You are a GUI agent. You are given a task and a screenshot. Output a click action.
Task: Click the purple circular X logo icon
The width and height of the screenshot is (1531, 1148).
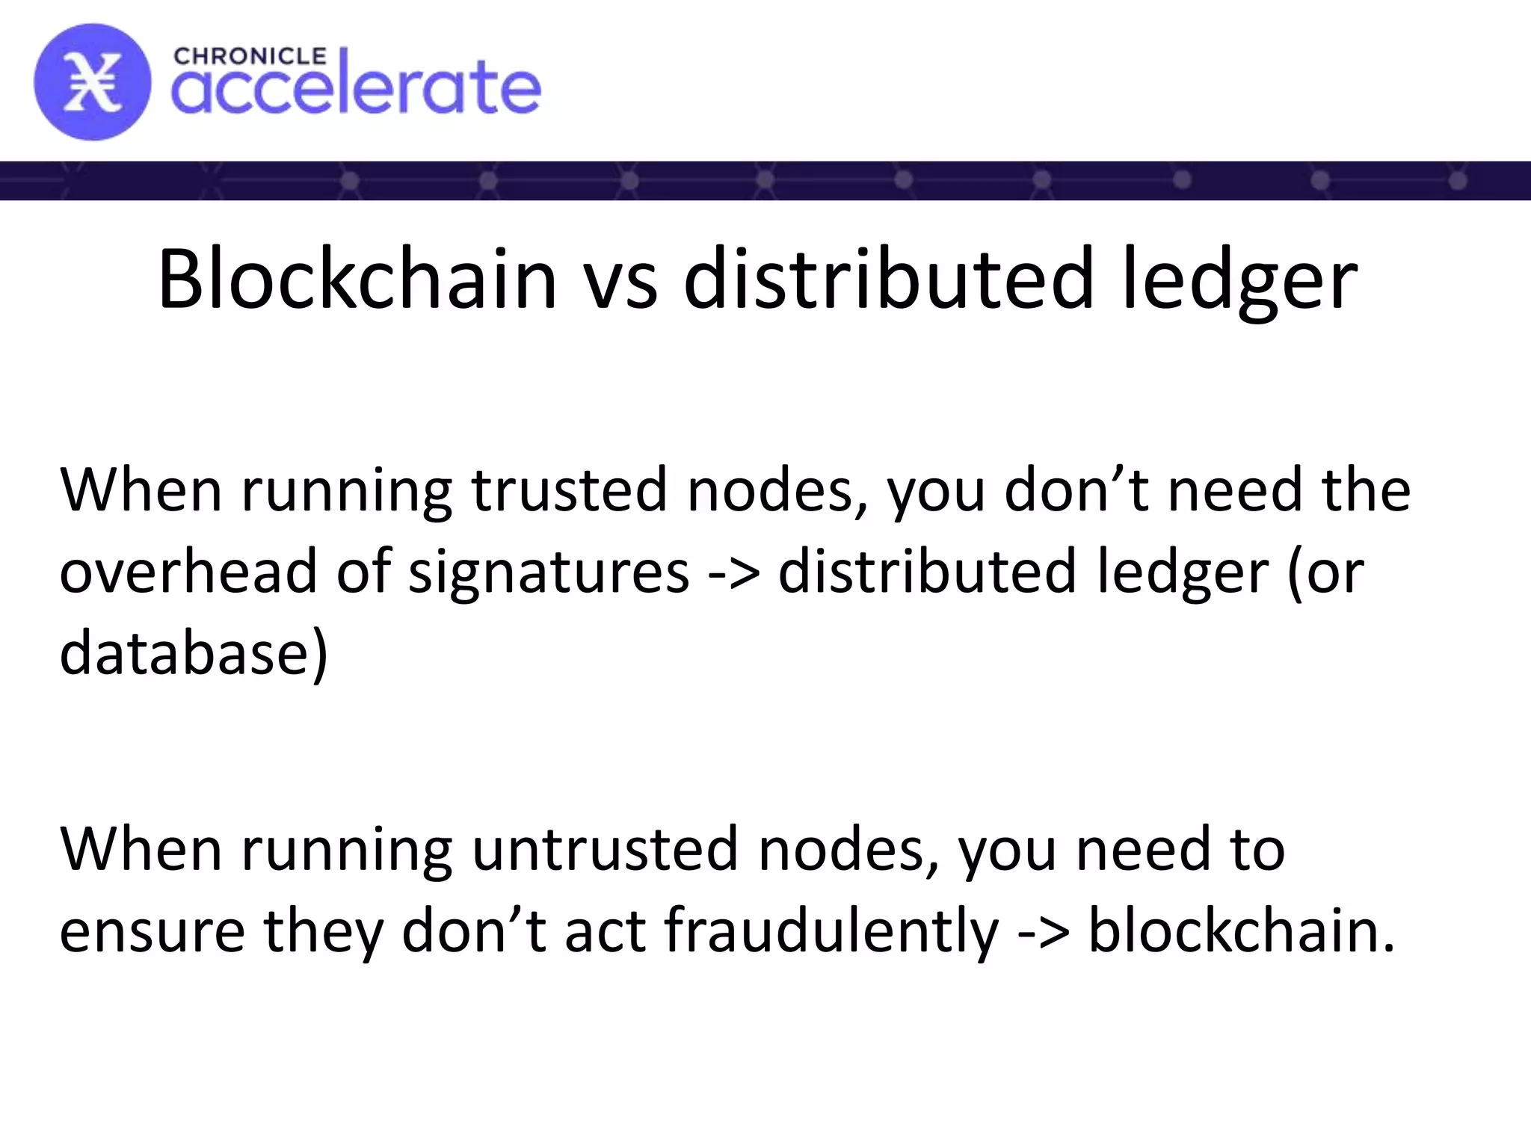click(x=92, y=82)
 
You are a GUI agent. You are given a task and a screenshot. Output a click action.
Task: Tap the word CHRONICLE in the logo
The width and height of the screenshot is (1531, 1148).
click(x=250, y=57)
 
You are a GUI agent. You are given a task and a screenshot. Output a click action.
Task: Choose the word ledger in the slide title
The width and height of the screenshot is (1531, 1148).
click(x=1239, y=280)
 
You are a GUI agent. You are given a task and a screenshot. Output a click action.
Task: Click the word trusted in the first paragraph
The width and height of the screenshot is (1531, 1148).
click(x=569, y=490)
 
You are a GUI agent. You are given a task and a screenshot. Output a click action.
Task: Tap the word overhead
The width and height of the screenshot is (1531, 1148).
click(x=188, y=572)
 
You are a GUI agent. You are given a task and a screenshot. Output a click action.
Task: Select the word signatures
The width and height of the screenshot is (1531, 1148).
click(x=549, y=572)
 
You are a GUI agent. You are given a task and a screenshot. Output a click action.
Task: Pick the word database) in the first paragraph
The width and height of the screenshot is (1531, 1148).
click(x=194, y=652)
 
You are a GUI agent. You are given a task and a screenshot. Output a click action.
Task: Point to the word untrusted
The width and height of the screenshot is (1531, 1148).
click(x=606, y=849)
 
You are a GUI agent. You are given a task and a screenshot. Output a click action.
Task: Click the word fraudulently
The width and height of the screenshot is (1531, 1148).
click(x=831, y=931)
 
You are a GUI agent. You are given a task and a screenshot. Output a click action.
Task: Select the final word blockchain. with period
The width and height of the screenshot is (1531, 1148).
click(x=1242, y=931)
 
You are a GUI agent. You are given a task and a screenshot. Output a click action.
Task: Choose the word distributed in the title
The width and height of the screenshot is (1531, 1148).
click(x=890, y=280)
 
